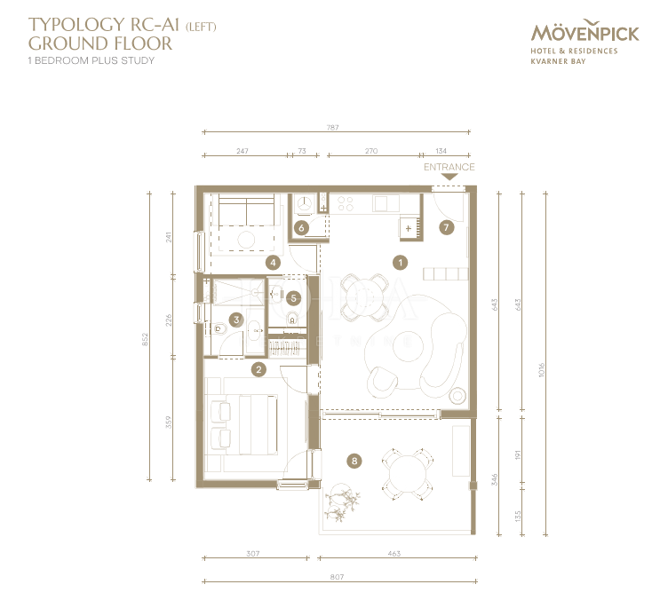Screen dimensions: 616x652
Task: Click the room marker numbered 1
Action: pyautogui.click(x=401, y=263)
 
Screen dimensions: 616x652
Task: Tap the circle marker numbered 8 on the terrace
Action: pyautogui.click(x=354, y=461)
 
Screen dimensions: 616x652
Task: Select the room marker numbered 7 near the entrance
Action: pyautogui.click(x=446, y=227)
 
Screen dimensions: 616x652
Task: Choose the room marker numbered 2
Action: pyautogui.click(x=258, y=368)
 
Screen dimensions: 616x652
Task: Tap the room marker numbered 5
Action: pyautogui.click(x=294, y=298)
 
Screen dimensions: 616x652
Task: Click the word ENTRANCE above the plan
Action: pyautogui.click(x=449, y=167)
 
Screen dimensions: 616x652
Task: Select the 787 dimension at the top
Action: pyautogui.click(x=333, y=128)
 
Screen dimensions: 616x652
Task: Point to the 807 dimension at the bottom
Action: pyautogui.click(x=337, y=577)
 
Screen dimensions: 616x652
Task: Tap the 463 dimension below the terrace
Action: pyautogui.click(x=394, y=554)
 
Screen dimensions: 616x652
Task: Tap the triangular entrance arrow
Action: pyautogui.click(x=449, y=178)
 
